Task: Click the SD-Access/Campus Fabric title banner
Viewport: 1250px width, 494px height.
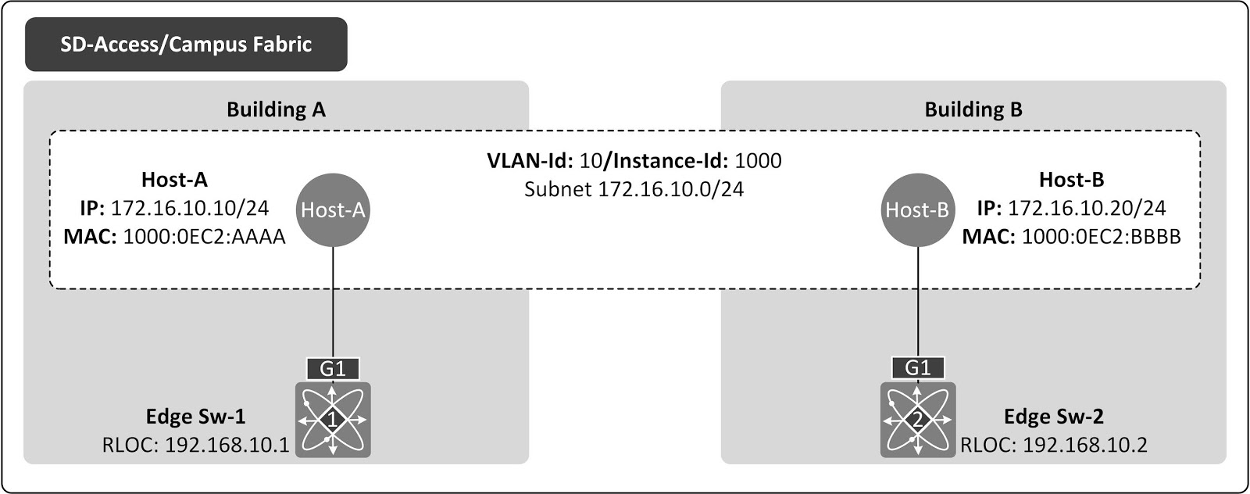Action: click(186, 45)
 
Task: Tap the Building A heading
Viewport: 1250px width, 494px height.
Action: click(276, 109)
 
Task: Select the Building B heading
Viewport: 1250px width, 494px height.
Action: click(973, 109)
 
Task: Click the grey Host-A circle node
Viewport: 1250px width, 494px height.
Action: click(334, 209)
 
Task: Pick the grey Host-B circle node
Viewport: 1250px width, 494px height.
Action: click(917, 209)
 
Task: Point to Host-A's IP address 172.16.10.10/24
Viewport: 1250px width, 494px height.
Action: click(190, 208)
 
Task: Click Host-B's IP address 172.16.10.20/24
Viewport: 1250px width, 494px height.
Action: click(1087, 208)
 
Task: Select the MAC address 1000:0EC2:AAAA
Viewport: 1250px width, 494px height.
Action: click(204, 236)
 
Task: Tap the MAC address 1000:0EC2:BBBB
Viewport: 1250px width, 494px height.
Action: click(1101, 236)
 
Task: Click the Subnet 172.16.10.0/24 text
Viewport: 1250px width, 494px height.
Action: click(634, 188)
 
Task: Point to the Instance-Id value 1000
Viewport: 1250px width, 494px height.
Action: click(758, 161)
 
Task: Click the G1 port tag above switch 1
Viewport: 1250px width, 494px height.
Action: click(334, 368)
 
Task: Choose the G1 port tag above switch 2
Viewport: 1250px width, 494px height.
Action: click(917, 368)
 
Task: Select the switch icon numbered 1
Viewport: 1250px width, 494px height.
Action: click(334, 420)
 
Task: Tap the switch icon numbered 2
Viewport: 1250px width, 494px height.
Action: click(917, 420)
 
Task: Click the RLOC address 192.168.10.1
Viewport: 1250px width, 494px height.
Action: click(227, 445)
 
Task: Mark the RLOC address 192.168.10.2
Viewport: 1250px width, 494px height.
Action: click(1084, 445)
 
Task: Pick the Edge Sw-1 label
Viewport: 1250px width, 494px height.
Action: click(196, 417)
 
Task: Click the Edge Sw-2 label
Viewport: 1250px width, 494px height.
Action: click(1053, 417)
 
